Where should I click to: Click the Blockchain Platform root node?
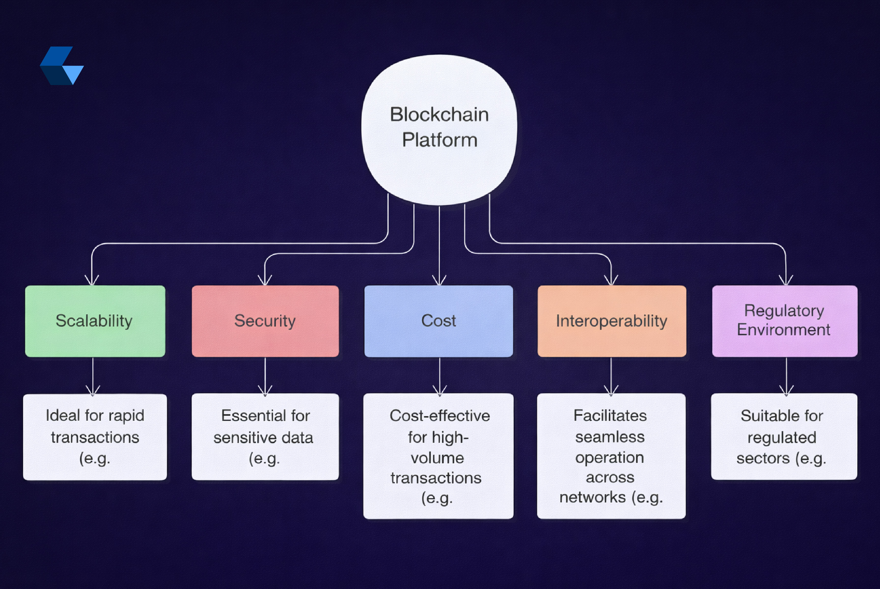439,130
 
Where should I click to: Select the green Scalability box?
95,321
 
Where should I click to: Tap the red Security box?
265,321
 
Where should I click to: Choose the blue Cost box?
439,321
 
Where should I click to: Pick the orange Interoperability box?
611,321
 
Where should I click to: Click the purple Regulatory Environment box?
785,321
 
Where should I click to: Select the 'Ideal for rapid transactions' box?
95,437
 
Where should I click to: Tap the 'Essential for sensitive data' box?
265,437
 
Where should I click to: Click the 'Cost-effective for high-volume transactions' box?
438,456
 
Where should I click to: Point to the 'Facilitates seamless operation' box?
611,456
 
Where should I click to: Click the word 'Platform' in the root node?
439,140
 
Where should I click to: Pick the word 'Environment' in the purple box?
783,330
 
